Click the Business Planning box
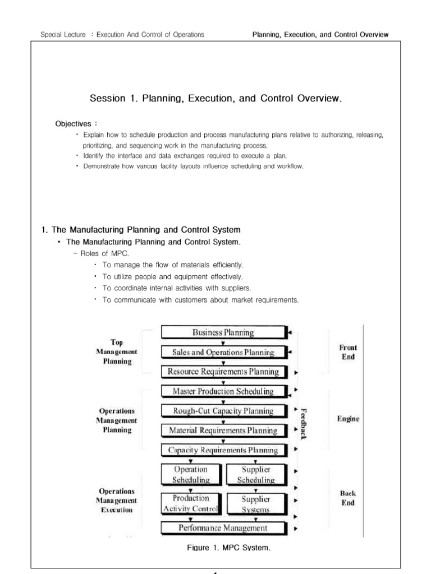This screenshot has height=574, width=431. (x=223, y=332)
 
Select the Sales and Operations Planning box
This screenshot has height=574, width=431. (x=223, y=353)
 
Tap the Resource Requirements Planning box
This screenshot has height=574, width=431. (x=223, y=372)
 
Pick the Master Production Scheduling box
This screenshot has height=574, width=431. (x=223, y=391)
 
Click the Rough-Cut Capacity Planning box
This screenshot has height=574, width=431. (x=223, y=411)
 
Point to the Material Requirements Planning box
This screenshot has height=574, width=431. (x=223, y=430)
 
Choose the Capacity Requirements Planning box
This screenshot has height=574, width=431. (x=223, y=450)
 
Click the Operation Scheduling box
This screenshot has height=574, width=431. (x=191, y=474)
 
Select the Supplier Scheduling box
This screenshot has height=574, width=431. (x=256, y=474)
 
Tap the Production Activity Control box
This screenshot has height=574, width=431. (x=191, y=503)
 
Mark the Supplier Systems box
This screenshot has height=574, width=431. (x=256, y=503)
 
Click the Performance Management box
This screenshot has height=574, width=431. (x=223, y=527)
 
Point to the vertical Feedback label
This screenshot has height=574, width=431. (x=304, y=423)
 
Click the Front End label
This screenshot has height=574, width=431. (x=348, y=352)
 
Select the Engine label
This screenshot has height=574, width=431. (x=349, y=418)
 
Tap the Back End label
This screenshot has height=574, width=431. (x=348, y=498)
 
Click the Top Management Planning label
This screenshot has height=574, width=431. (x=117, y=351)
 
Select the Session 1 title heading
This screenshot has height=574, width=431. (x=215, y=99)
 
